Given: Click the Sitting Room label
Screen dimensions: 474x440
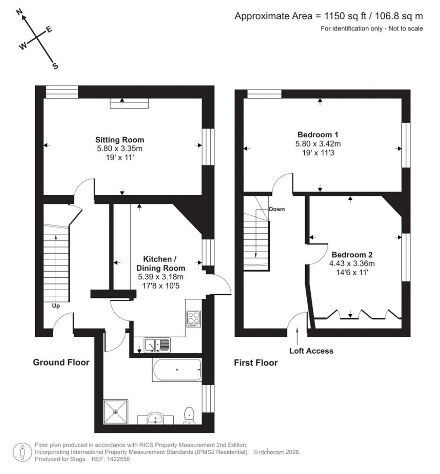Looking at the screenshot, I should [119, 140].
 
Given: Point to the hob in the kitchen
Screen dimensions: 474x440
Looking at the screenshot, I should [193, 319].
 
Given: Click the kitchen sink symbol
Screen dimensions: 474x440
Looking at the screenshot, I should [157, 344].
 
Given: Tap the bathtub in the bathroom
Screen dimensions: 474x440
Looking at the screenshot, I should [177, 369].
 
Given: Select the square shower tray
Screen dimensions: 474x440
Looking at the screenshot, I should [116, 412].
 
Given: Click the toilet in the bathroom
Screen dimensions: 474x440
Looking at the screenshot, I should [189, 415].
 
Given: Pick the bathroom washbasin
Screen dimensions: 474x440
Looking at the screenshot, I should [155, 417].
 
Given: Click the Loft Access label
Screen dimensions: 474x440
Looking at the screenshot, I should [311, 351].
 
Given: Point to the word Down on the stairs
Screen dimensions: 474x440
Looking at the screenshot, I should [277, 210].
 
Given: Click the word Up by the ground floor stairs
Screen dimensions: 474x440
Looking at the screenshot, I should [56, 306].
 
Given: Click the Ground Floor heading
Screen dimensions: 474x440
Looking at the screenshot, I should [61, 362].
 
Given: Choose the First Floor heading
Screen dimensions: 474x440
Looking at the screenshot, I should [256, 363].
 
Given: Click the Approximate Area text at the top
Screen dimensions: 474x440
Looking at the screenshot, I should [329, 16].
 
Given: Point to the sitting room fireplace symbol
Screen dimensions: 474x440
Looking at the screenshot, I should [129, 103].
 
